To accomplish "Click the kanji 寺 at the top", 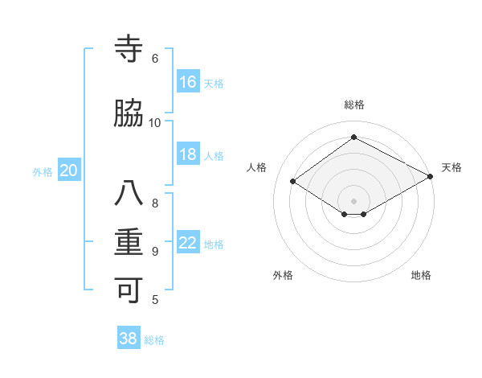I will tap(129, 50).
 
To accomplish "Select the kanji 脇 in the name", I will tap(129, 114).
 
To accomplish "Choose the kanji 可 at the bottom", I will tap(129, 290).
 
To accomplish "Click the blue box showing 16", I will tap(188, 82).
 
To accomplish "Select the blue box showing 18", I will tap(188, 154).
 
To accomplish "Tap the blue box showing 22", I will tap(188, 243).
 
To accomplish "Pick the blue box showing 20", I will tap(69, 171).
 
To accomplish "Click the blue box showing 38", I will tap(129, 339).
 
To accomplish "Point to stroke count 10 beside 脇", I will tap(155, 122).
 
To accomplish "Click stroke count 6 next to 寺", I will tap(155, 59).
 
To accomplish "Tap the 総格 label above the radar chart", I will tap(354, 105).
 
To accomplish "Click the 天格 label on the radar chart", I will tap(451, 167).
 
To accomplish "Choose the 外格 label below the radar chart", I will tap(283, 275).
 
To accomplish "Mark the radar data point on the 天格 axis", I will tap(431, 177).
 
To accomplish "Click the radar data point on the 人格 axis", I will tap(293, 182).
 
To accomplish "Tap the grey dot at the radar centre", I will tap(353, 200).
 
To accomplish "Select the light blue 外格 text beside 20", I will tap(43, 171).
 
